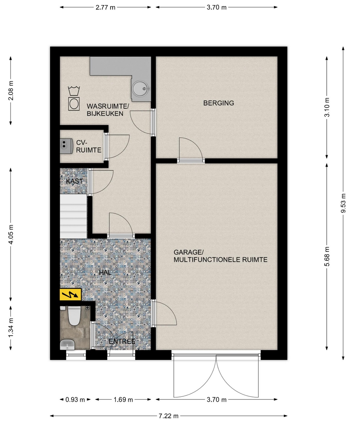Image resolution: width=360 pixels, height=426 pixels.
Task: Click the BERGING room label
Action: point(219,103)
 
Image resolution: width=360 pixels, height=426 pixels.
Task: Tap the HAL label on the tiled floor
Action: point(105,272)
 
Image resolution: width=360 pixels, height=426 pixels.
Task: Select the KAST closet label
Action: point(74,181)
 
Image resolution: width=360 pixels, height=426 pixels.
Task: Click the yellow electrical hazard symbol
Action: point(70,295)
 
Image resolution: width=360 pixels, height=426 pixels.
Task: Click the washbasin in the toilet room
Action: point(67,345)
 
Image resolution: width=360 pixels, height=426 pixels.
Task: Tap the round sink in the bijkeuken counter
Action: point(140,88)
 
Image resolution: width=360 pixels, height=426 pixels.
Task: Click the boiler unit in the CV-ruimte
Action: point(66,146)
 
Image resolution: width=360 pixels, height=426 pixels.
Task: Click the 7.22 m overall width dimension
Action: point(168,416)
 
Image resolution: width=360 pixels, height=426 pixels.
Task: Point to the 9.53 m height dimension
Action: point(343,203)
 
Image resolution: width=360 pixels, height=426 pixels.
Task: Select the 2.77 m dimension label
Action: point(105,7)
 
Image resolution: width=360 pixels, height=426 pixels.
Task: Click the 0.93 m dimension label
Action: point(75,400)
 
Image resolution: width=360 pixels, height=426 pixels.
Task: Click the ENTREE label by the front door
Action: point(122,342)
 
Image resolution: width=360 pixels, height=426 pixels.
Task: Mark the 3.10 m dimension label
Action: point(327,107)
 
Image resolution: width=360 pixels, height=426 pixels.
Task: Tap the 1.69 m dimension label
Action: point(123,400)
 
